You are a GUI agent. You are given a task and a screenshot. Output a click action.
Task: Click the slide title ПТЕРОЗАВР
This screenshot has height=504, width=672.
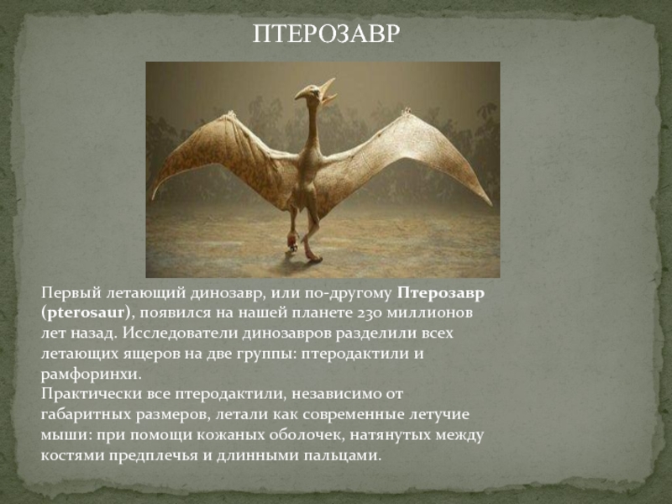click(x=326, y=34)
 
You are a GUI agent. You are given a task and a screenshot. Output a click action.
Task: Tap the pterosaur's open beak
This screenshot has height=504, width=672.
click(x=328, y=92)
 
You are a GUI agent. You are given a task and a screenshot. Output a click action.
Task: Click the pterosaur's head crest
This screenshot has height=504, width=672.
click(x=302, y=92)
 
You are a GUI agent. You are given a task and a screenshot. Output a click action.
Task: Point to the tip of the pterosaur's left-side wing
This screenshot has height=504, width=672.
click(x=152, y=198)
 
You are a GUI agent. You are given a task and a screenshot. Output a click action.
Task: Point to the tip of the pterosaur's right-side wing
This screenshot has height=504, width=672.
click(x=491, y=204)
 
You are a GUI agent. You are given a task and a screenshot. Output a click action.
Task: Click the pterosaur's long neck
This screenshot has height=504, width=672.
click(x=312, y=124)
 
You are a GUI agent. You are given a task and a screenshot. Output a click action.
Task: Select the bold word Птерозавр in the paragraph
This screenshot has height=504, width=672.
click(x=441, y=293)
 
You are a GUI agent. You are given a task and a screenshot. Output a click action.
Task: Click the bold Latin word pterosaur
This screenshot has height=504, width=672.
click(x=86, y=312)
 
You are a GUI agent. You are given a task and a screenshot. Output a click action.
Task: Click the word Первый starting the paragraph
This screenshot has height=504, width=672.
click(x=71, y=293)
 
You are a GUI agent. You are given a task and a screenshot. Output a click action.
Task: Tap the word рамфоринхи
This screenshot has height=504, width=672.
click(x=90, y=375)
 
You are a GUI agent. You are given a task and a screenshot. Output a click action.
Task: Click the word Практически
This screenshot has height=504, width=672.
click(x=91, y=394)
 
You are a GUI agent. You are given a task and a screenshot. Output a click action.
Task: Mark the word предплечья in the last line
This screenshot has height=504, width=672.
click(x=153, y=455)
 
